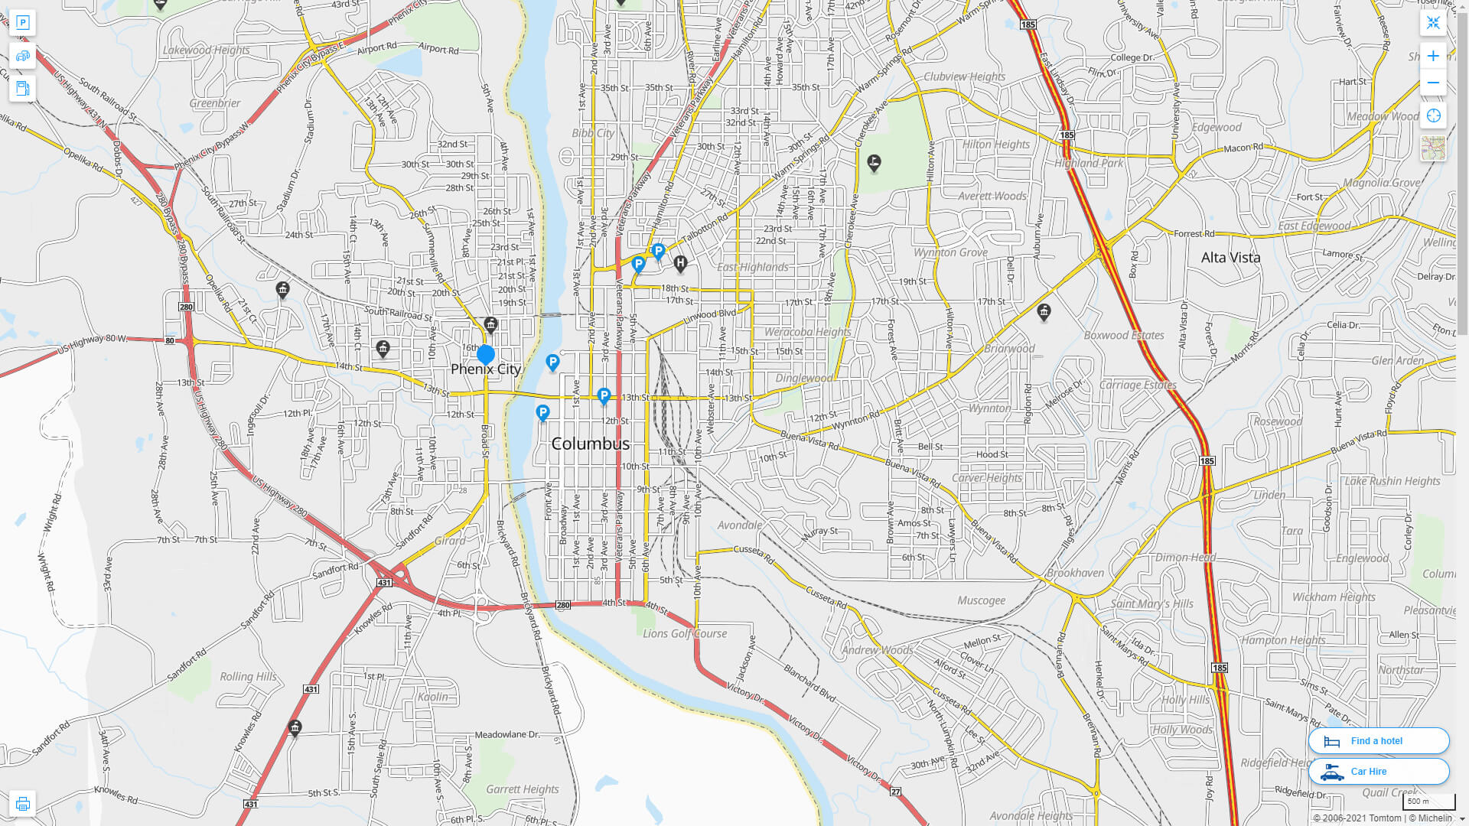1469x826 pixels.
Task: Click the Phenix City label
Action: tap(485, 369)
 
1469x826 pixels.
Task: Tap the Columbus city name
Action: tap(590, 444)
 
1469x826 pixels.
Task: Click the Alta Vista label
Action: tap(1230, 258)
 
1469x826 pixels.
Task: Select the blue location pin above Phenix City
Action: tap(485, 354)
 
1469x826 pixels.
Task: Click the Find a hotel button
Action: tap(1378, 740)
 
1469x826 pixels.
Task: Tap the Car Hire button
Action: tap(1378, 771)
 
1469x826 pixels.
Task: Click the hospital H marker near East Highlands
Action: tap(680, 264)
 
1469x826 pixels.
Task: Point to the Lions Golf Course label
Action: tap(684, 633)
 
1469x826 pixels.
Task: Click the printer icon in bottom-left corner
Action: tap(23, 804)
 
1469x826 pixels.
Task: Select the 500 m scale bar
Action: tap(1428, 802)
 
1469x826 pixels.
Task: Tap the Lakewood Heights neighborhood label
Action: tap(206, 50)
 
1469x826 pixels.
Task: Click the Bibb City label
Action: tap(592, 133)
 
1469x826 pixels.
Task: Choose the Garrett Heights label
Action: tap(522, 789)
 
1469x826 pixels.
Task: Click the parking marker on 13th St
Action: tap(604, 395)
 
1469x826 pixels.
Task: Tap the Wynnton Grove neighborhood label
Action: tap(949, 252)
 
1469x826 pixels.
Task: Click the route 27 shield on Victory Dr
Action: tap(895, 792)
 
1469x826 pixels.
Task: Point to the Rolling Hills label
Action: tap(248, 677)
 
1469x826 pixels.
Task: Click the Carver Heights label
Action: tap(986, 478)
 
